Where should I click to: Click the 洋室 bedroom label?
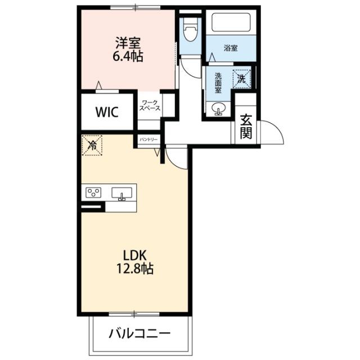click(x=128, y=43)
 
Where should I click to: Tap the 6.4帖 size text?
click(x=128, y=56)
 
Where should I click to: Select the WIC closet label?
click(x=107, y=112)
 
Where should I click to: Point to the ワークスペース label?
click(x=150, y=105)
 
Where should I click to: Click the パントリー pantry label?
click(x=148, y=139)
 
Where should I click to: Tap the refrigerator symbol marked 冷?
click(x=92, y=146)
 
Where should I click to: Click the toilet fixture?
click(x=190, y=30)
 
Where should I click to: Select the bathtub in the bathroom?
click(x=231, y=22)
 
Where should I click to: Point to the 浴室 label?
click(x=231, y=48)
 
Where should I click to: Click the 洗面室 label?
click(x=218, y=83)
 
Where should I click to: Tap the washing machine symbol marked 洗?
click(x=242, y=79)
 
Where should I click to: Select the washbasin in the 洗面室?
click(x=218, y=109)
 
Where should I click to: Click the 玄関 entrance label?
click(x=246, y=127)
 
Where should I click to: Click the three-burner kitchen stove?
click(x=93, y=192)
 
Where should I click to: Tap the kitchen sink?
click(x=121, y=193)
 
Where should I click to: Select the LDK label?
click(x=135, y=255)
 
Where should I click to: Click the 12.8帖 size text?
click(x=135, y=268)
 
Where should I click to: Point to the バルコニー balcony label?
click(x=139, y=334)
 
